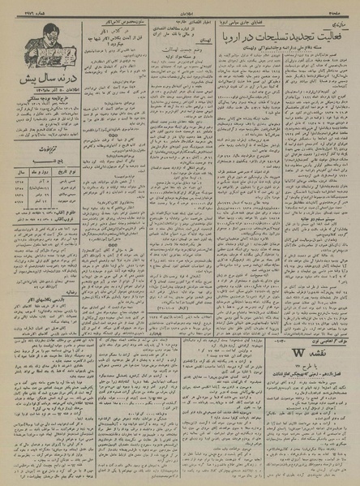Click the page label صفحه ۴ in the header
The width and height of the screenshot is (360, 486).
pyautogui.click(x=345, y=6)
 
